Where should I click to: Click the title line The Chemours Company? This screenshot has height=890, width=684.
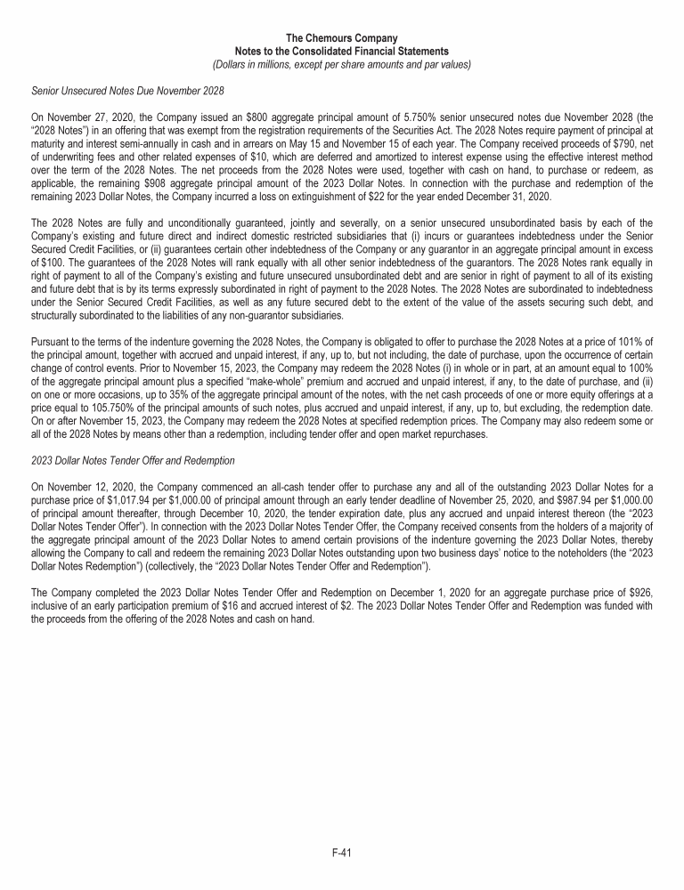pos(342,38)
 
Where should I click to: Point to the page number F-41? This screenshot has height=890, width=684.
pos(342,853)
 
